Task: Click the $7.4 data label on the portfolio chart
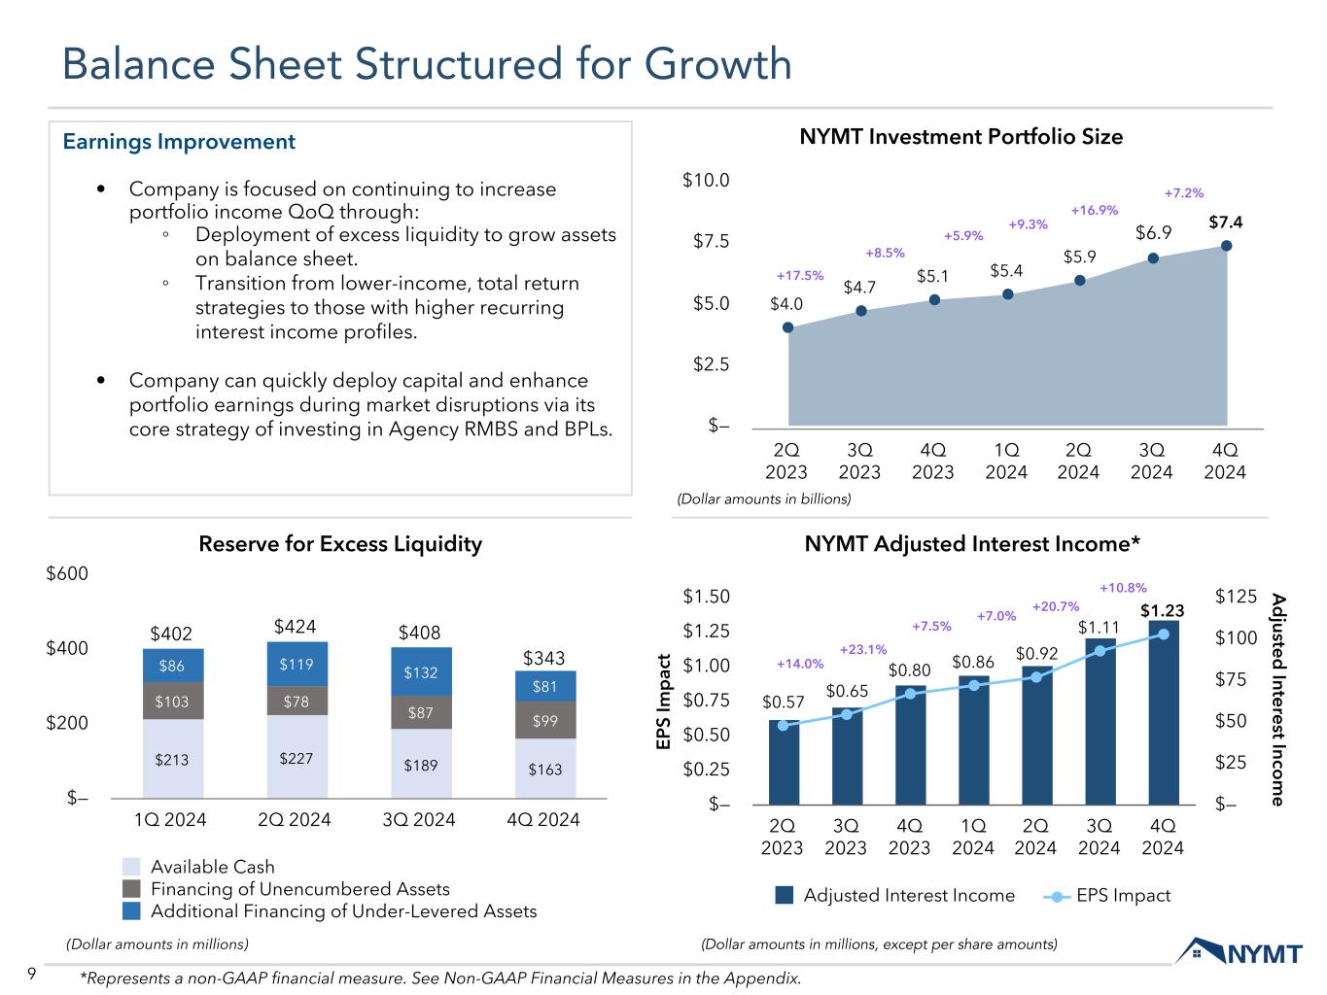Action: coord(1225,223)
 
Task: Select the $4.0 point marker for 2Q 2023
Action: coord(787,327)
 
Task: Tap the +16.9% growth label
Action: coord(1094,210)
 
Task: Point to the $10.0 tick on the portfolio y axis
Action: coord(706,181)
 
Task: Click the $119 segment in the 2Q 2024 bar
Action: coord(297,665)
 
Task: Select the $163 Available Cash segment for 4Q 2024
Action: coord(545,768)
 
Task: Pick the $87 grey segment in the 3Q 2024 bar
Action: coord(421,712)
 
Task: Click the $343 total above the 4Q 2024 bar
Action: coord(545,659)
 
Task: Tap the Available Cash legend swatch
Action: coord(132,867)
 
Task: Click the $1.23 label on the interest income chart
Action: coord(1162,610)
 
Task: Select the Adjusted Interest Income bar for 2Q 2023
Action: coord(783,762)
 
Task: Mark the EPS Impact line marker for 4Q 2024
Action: coord(1164,635)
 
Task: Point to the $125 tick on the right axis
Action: coord(1236,597)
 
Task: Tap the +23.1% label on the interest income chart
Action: coord(862,649)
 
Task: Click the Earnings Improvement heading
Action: coord(179,142)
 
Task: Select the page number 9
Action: coord(32,975)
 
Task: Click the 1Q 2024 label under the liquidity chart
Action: coord(171,819)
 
